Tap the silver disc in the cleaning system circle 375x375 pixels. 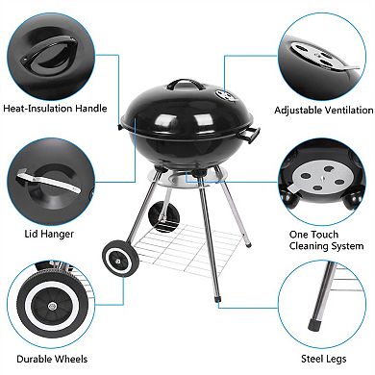pyautogui.click(x=321, y=180)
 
